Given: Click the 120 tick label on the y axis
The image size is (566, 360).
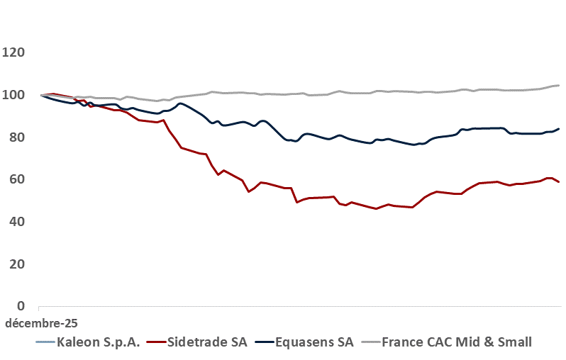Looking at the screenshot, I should [14, 52].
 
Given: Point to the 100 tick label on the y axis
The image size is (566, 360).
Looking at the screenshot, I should [14, 95].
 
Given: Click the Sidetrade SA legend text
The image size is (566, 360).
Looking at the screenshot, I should [208, 343].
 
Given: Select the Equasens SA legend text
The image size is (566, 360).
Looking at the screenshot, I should [314, 343].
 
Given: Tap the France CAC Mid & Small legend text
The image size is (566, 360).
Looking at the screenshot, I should [457, 343].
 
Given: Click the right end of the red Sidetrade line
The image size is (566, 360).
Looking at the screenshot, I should [559, 182].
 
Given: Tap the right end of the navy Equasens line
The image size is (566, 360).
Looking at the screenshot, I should [559, 129].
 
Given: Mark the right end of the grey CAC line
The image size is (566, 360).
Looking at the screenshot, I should [559, 86].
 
